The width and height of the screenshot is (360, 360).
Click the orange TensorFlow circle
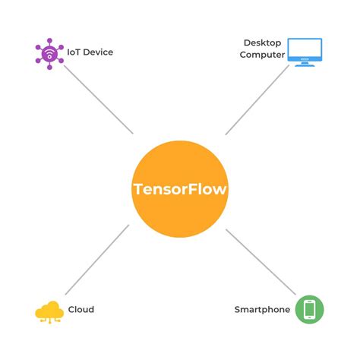tap(180, 216)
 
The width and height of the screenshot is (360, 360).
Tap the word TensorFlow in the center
tap(180, 188)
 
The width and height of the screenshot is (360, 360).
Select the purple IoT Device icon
tap(49, 53)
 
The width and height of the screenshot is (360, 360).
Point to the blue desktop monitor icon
tap(305, 52)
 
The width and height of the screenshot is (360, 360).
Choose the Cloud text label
tap(81, 310)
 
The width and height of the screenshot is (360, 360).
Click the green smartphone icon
tap(309, 310)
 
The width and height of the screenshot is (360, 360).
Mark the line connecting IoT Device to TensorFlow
tap(99, 99)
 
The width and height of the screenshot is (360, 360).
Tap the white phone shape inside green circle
tap(309, 310)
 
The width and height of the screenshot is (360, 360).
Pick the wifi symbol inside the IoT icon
tap(49, 53)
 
